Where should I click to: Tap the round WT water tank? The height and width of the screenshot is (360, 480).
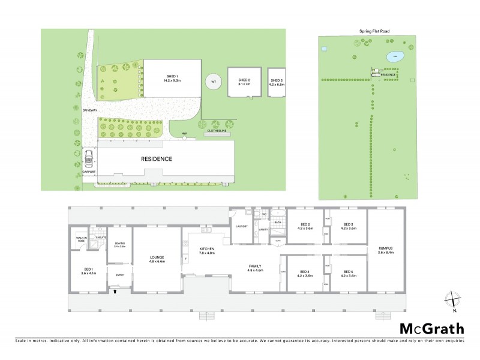pos(212,82)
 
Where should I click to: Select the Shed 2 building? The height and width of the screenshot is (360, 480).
pos(244,83)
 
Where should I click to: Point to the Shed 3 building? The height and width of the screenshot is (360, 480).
pos(276,83)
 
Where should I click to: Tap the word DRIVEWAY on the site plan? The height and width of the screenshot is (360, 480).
pos(89,109)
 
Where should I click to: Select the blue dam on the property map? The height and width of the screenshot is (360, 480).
pos(394,58)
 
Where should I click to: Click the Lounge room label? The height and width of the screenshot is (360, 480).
pos(157,257)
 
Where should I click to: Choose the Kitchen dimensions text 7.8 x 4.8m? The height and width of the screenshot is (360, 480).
pos(207,251)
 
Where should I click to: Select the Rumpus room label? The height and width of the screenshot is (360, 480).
pos(385,249)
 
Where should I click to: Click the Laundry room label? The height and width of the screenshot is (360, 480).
pos(242,226)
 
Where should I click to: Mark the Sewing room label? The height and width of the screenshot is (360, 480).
pos(119,244)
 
